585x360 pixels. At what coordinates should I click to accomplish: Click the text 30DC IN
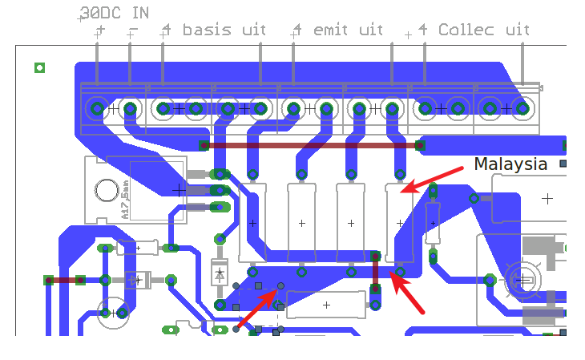coord(114,14)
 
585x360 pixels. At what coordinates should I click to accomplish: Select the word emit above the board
coord(331,30)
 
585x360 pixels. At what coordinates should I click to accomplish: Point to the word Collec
coord(467,30)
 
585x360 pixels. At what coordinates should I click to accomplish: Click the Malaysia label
coord(510,164)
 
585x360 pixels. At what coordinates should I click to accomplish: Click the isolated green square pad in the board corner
coord(39,67)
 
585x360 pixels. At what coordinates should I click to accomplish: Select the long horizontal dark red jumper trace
coord(313,145)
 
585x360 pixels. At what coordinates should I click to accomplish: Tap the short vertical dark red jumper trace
coord(374,273)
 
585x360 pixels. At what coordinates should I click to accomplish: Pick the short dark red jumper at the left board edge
coord(64,280)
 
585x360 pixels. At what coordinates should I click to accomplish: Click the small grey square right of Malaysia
coord(563,164)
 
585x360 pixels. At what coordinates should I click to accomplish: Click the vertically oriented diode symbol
coord(219,272)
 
